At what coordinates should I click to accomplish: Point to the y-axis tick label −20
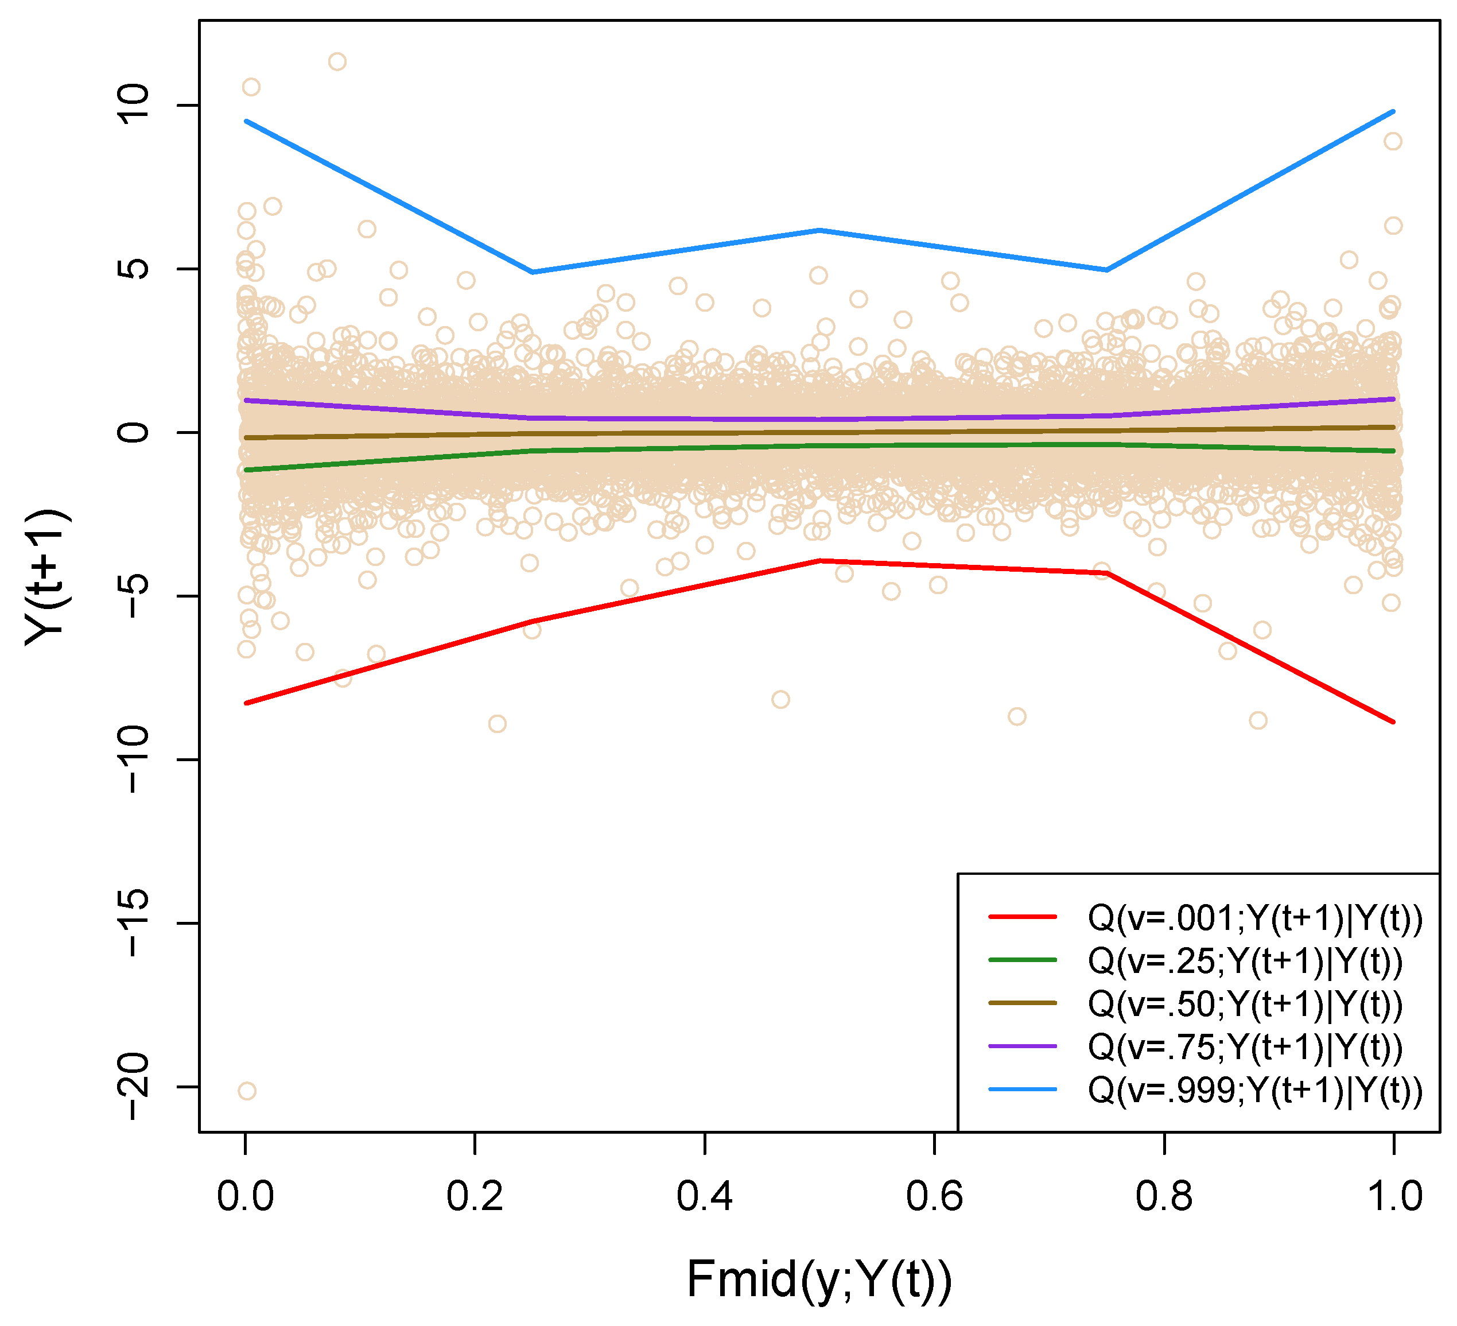134,1087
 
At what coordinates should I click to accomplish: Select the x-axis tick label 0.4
704,1197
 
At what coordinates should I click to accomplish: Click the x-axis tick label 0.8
1164,1197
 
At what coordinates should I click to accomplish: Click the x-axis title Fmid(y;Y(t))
819,1280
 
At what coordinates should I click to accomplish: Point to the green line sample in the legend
1023,960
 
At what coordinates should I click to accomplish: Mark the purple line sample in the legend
1023,1046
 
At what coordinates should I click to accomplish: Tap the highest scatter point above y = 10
337,61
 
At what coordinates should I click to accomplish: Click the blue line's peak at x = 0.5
819,230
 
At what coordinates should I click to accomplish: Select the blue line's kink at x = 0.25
533,272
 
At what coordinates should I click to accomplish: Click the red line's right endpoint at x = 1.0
1393,722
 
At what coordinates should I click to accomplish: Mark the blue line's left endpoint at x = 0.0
246,122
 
